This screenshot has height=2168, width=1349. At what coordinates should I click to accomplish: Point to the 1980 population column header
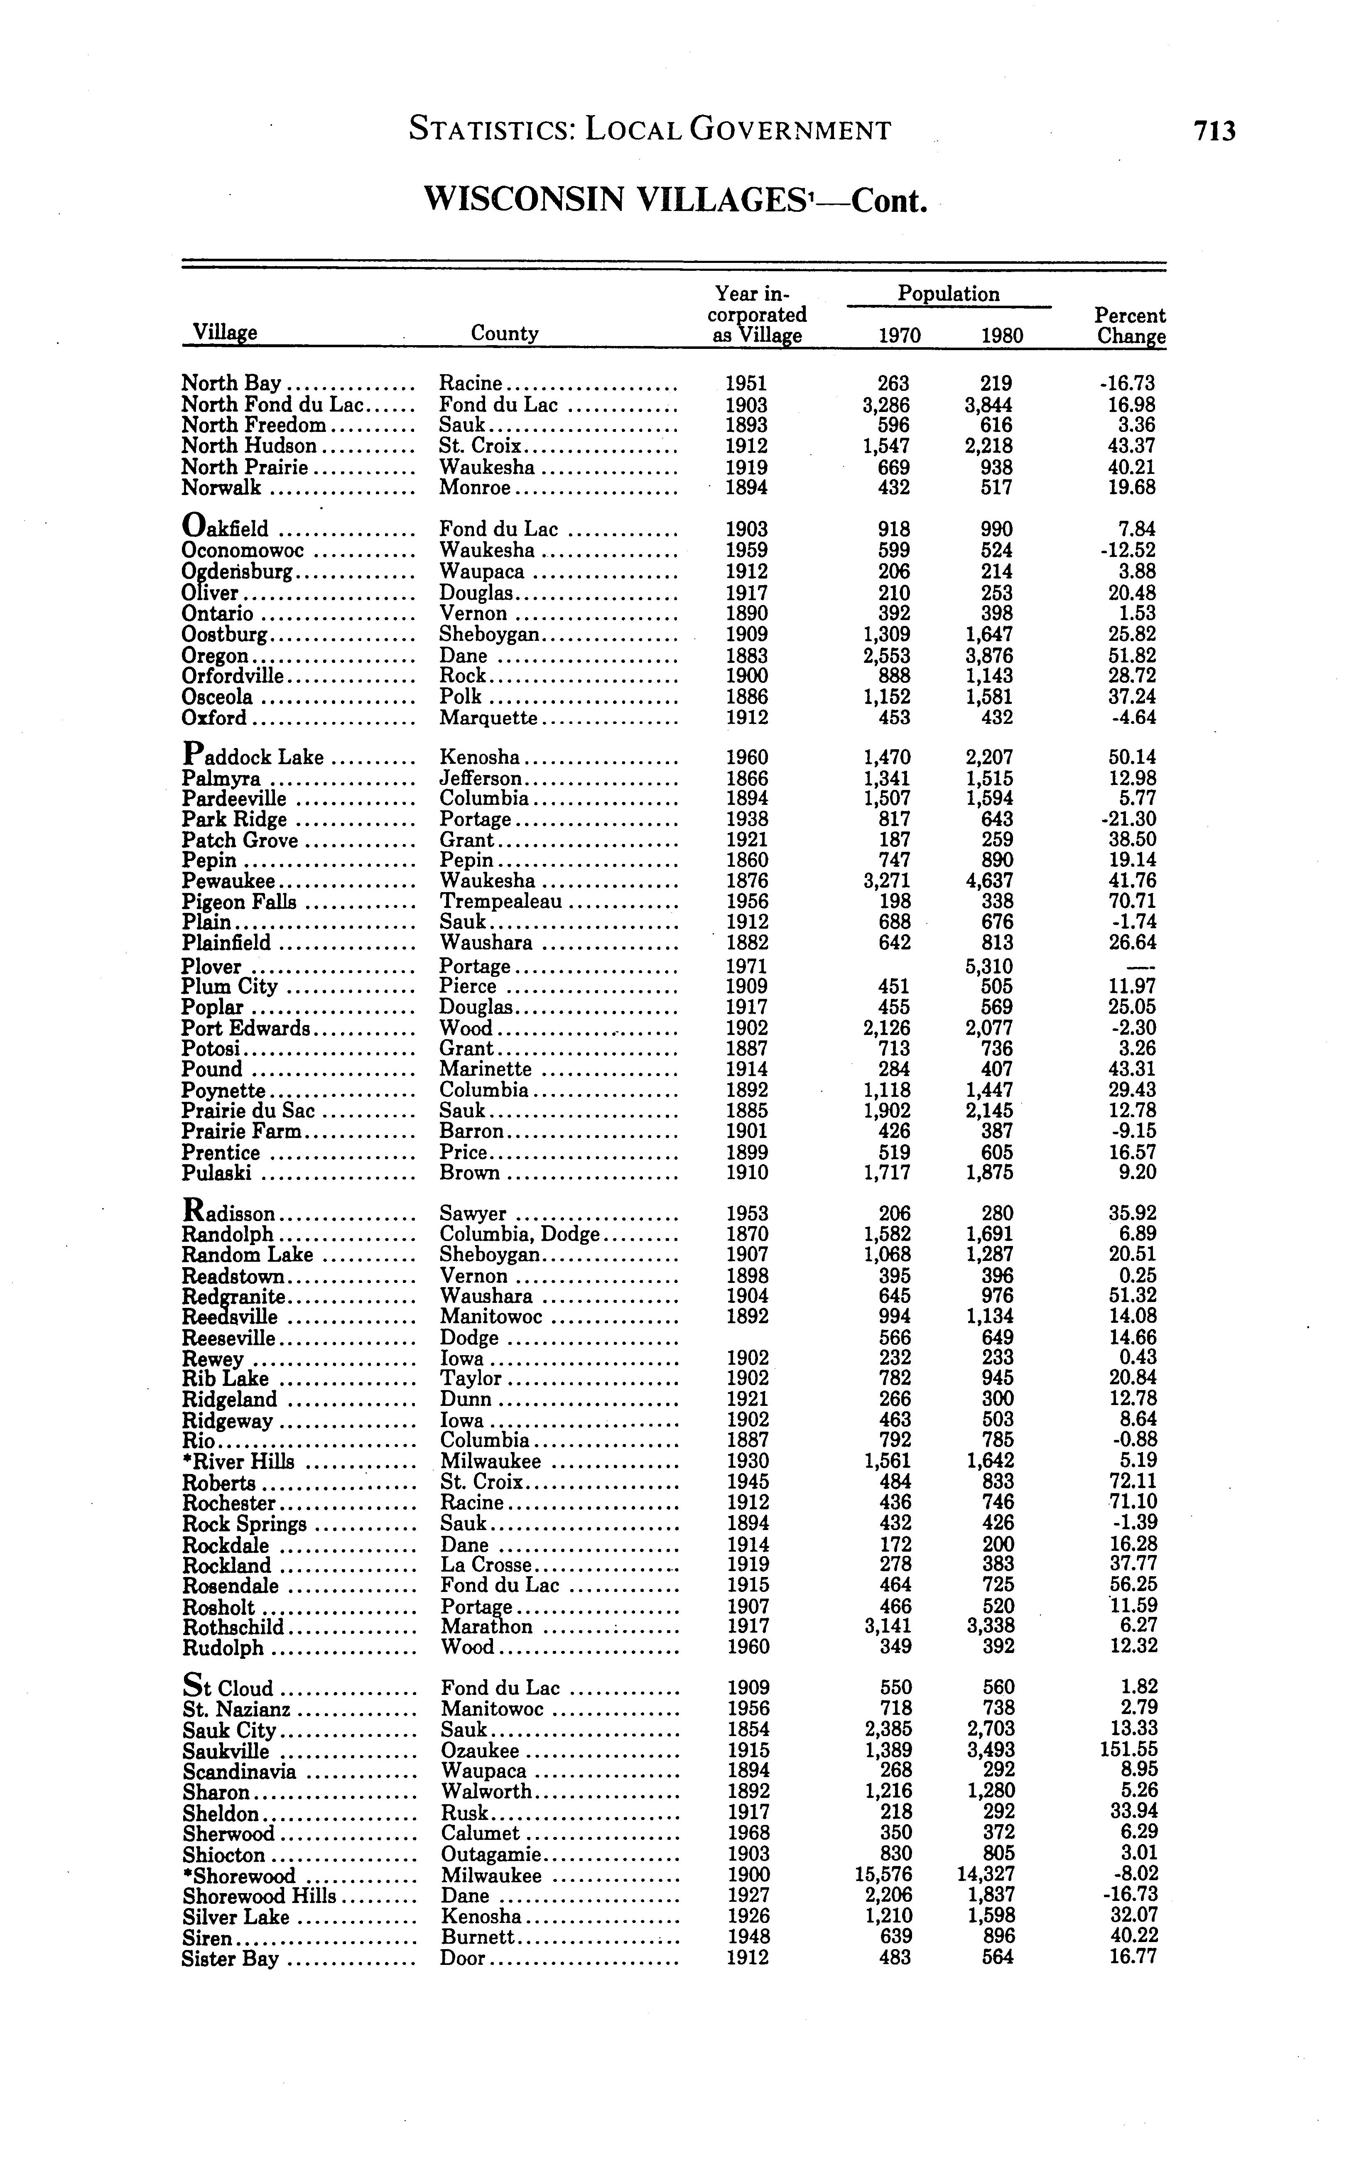click(x=1002, y=336)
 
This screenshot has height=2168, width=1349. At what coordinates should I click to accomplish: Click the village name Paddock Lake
click(x=253, y=757)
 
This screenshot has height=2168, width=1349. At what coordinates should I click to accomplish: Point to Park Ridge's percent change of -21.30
click(x=1130, y=819)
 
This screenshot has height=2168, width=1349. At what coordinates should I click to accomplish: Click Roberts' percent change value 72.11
click(x=1131, y=1482)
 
